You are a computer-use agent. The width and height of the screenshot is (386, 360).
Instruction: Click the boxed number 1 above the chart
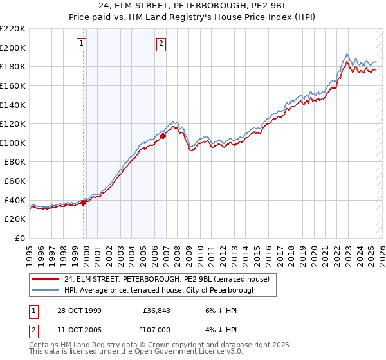pos(82,44)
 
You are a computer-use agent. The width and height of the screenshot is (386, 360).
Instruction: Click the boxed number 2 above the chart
pos(160,44)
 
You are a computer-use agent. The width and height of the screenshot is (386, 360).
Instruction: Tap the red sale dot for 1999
pos(84,203)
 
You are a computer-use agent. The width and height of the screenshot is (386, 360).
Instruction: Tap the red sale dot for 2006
pos(163,136)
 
